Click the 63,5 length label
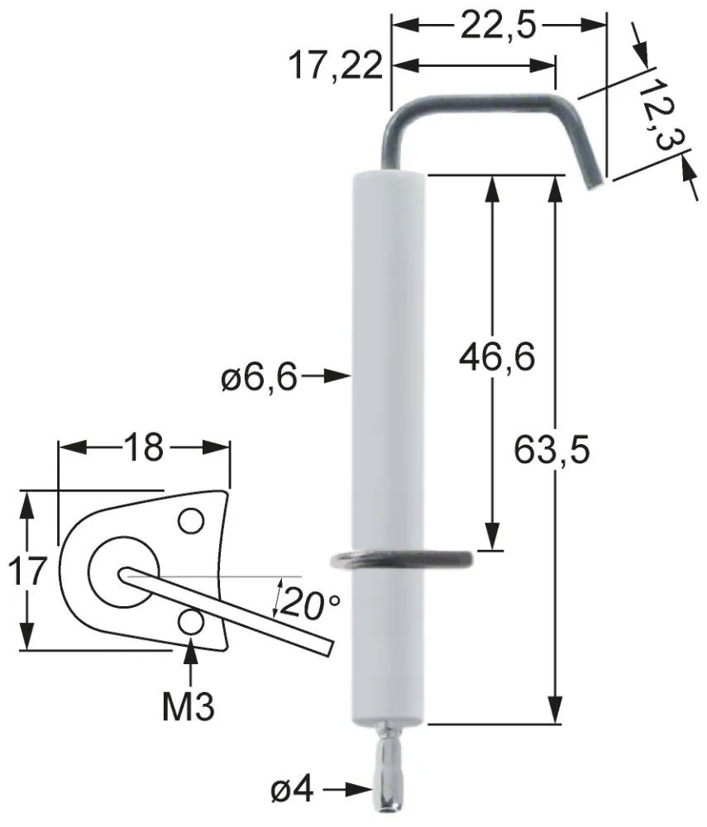(x=552, y=451)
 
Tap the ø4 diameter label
(x=291, y=791)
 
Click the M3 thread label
(x=189, y=708)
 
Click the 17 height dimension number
(x=27, y=571)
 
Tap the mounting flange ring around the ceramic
(x=400, y=560)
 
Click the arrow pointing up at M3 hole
(x=191, y=657)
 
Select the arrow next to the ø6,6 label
(x=327, y=377)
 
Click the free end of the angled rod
(x=330, y=646)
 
